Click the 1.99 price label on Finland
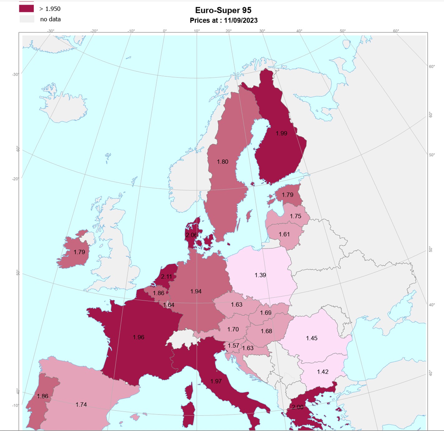281,133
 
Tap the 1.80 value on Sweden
223,162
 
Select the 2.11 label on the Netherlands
166,277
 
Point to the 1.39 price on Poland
260,275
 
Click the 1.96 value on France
138,337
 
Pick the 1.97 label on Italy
216,381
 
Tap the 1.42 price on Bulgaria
323,372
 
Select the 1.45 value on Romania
311,338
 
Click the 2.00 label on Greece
297,407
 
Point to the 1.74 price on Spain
81,405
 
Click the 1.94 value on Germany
196,291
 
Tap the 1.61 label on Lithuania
284,234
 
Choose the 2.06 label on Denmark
191,235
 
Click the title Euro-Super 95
223,10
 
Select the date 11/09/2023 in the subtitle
241,21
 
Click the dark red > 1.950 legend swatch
27,8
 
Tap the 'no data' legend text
50,19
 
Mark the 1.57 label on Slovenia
233,346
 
